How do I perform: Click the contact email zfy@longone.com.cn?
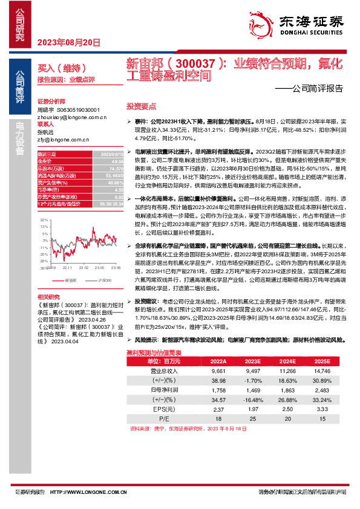[62, 139]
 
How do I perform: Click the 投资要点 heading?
[136, 105]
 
